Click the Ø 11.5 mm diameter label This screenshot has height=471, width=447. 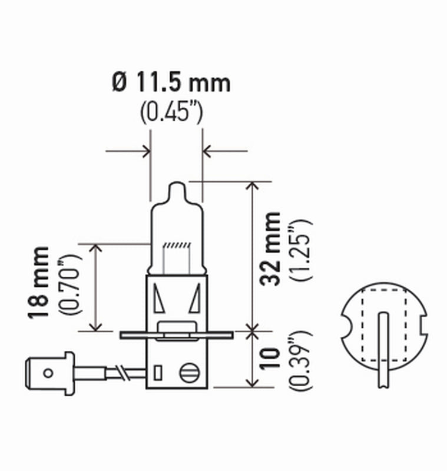[170, 83]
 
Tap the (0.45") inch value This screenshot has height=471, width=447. [171, 112]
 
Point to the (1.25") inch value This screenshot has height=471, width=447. [300, 250]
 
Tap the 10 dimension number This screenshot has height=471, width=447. [271, 361]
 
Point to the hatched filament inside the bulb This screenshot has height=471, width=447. [177, 244]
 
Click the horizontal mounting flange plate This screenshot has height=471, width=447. [177, 335]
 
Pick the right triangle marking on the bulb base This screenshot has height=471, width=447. [194, 300]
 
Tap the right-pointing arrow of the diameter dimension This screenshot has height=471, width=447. [145, 152]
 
